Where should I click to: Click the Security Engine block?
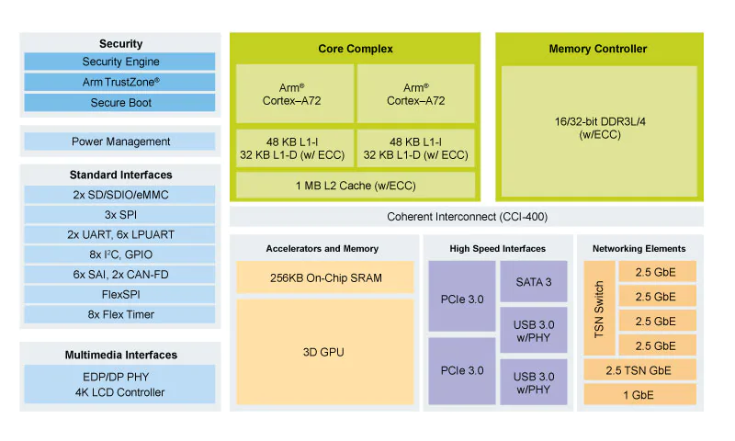pyautogui.click(x=120, y=62)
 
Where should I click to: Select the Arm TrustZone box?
pyautogui.click(x=120, y=82)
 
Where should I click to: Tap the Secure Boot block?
pyautogui.click(x=120, y=103)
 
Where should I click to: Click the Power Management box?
pyautogui.click(x=120, y=141)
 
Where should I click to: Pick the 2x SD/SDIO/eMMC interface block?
pyautogui.click(x=120, y=194)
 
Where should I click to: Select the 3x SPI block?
pyautogui.click(x=120, y=214)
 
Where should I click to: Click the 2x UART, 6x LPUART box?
pyautogui.click(x=120, y=234)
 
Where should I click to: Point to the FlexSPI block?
pyautogui.click(x=120, y=295)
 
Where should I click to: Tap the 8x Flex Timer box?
pyautogui.click(x=120, y=315)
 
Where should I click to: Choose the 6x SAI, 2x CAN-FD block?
pyautogui.click(x=120, y=275)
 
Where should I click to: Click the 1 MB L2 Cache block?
pyautogui.click(x=356, y=186)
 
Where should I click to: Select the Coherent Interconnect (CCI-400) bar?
pyautogui.click(x=466, y=217)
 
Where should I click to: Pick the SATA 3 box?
pyautogui.click(x=533, y=281)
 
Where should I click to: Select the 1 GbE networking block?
pyautogui.click(x=639, y=394)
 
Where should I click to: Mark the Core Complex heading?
pyautogui.click(x=356, y=49)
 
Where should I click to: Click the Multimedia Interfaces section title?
pyautogui.click(x=120, y=355)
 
